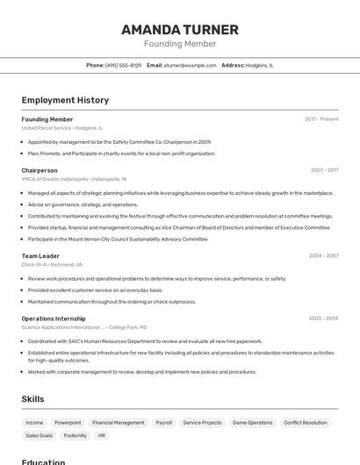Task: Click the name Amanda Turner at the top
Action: [x=180, y=30]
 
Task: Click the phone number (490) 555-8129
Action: [x=124, y=65]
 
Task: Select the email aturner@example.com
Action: [x=190, y=65]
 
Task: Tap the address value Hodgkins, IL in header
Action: [x=260, y=65]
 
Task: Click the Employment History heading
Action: [x=65, y=100]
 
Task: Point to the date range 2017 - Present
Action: [x=321, y=119]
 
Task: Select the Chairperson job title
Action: [x=40, y=170]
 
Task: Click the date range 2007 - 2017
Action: [x=324, y=170]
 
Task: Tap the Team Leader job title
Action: [x=40, y=256]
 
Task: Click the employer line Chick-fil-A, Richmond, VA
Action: [x=52, y=264]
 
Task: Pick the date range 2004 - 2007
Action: [x=324, y=256]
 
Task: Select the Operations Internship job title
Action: [x=54, y=318]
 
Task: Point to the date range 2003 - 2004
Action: [x=324, y=318]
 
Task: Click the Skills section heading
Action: [x=32, y=399]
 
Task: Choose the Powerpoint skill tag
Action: [x=68, y=422]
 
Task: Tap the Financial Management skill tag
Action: [x=119, y=422]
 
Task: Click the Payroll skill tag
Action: [x=164, y=422]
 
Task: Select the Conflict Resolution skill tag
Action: [x=305, y=422]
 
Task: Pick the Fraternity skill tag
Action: [x=76, y=435]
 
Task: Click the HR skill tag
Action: [x=102, y=435]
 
